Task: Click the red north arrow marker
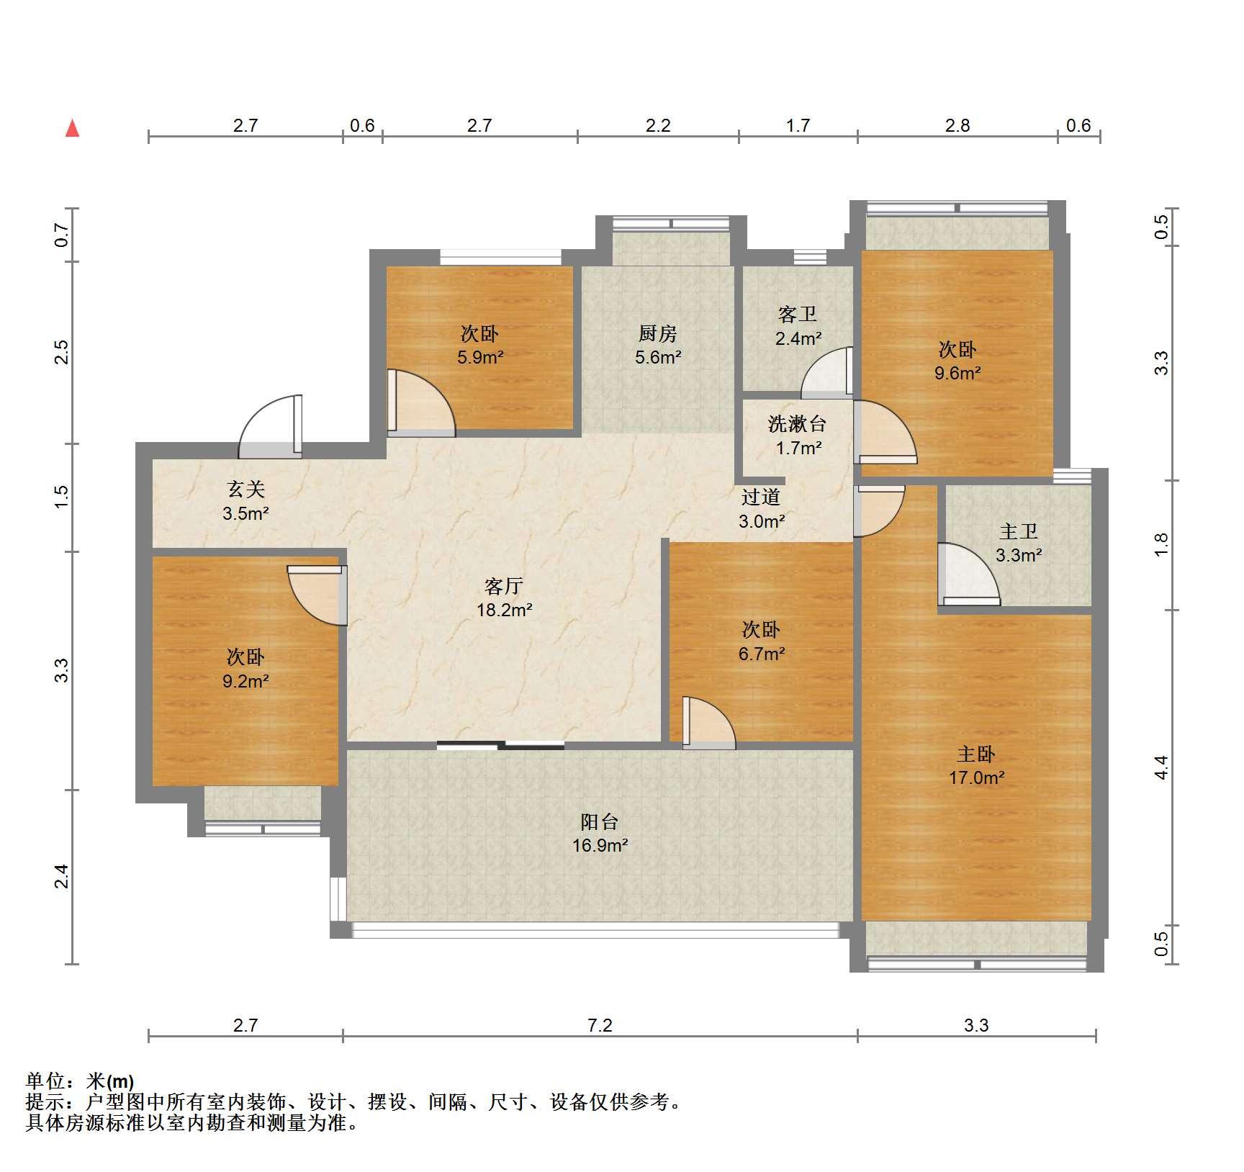pos(72,128)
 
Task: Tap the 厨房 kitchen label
pos(657,334)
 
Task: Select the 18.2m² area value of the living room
pos(505,610)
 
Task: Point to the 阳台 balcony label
pos(600,822)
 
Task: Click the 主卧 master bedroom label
pos(975,754)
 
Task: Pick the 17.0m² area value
pos(976,777)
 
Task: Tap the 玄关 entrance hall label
pos(246,490)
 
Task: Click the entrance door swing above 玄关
pos(271,426)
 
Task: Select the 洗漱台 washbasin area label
pos(797,424)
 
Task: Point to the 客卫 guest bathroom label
pos(798,315)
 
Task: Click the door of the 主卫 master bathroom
pos(968,574)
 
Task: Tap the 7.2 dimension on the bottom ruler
pos(600,1025)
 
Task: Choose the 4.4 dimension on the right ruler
pos(1160,767)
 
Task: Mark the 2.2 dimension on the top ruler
pos(658,126)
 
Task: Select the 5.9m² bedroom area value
pos(480,357)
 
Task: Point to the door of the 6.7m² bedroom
pos(709,723)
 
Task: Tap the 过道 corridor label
pos(761,497)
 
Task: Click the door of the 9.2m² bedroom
pos(317,595)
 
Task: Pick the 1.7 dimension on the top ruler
pos(798,126)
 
